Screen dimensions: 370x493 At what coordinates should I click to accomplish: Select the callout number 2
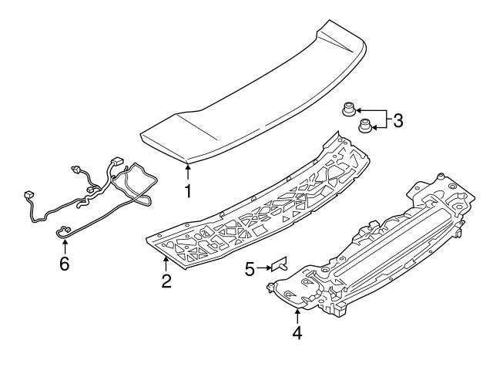click(x=166, y=281)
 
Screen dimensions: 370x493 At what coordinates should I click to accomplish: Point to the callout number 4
click(x=297, y=334)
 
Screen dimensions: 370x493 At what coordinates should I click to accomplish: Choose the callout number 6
click(x=65, y=264)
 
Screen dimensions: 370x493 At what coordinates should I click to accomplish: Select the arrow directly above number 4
click(x=297, y=314)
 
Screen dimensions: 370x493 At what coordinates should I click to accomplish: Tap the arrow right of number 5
click(x=264, y=268)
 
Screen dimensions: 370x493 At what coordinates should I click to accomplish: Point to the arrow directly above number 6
click(x=65, y=244)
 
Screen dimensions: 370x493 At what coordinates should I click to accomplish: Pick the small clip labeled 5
click(x=278, y=265)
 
